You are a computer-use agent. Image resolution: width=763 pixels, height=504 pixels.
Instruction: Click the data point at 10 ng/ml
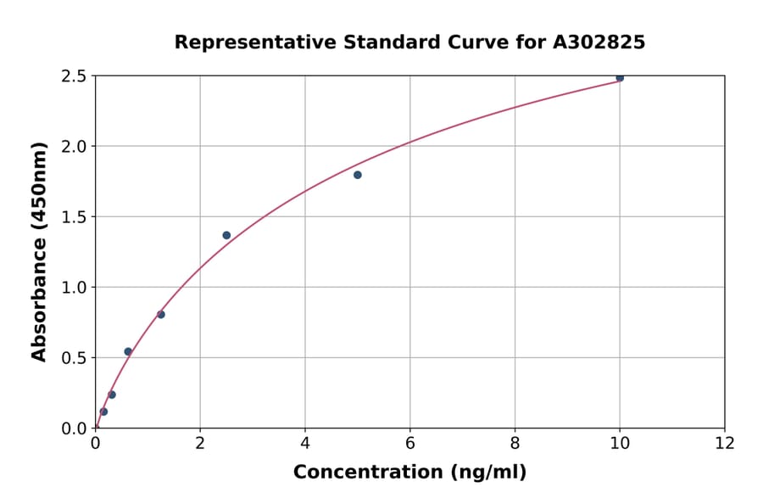(x=620, y=78)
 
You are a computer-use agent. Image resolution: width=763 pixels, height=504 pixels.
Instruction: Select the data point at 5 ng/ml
(x=358, y=175)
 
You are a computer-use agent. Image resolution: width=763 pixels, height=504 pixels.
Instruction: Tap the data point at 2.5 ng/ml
(x=226, y=235)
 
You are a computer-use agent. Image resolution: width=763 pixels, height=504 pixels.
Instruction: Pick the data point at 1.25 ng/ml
(x=161, y=315)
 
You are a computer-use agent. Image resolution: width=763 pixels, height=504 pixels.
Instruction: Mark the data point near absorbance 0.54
(x=128, y=351)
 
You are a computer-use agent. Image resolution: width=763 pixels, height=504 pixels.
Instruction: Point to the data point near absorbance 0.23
(x=112, y=395)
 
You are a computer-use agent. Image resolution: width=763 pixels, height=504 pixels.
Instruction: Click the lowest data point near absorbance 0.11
(x=103, y=412)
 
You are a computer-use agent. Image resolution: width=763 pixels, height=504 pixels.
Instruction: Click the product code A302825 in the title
(x=599, y=42)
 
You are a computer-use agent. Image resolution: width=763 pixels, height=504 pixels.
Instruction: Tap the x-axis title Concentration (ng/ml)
(x=409, y=472)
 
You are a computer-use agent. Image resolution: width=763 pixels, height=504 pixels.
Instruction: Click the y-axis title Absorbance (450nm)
(x=39, y=251)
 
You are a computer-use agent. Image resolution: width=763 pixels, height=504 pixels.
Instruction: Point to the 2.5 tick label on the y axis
(x=75, y=76)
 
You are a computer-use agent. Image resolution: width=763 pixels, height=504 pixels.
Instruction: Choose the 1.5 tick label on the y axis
(x=75, y=217)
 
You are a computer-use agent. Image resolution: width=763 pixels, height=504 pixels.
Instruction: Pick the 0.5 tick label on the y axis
(x=75, y=358)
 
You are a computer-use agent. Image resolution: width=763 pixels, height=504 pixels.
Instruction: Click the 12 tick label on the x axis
(x=725, y=442)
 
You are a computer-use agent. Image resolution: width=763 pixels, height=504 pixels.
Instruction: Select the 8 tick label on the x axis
(x=515, y=442)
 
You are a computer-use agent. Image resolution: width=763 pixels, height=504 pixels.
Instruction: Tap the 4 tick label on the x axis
(x=305, y=442)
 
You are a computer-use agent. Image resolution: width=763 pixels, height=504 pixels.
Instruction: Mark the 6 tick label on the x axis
(x=410, y=442)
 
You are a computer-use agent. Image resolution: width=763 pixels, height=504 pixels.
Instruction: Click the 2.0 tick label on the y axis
(x=75, y=147)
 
